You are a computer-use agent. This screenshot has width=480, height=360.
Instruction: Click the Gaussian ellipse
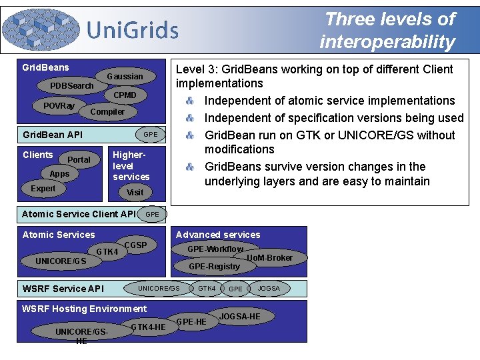tap(125, 77)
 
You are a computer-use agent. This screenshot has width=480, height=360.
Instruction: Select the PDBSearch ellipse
tap(72, 86)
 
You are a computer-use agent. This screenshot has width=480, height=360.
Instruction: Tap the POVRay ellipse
tap(59, 106)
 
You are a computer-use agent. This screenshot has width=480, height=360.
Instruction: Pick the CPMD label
tap(125, 95)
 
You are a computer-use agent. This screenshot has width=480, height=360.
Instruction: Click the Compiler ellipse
tap(107, 111)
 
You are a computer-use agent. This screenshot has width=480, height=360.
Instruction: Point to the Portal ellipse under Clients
tap(79, 159)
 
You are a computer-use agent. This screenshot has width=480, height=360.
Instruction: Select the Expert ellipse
tap(43, 189)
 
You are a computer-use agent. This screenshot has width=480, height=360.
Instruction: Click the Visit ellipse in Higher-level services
tap(135, 192)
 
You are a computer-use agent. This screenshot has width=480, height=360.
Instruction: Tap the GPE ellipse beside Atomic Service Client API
tap(152, 214)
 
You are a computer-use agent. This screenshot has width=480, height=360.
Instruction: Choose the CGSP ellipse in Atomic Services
tap(135, 245)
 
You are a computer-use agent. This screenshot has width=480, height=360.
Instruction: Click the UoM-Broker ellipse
tap(269, 257)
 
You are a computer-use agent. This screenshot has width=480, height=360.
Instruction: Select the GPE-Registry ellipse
tap(214, 266)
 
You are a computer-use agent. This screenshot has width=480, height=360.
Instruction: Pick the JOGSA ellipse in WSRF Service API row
tap(269, 288)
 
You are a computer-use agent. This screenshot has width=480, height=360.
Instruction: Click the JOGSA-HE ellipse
tap(240, 316)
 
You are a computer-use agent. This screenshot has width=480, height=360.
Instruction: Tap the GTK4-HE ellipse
tap(148, 327)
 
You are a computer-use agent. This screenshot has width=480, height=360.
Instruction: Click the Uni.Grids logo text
tap(133, 30)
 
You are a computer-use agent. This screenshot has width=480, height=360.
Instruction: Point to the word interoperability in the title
tap(387, 42)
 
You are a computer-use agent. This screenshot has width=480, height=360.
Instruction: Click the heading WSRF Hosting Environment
tap(85, 309)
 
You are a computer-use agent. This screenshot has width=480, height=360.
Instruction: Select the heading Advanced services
tap(218, 235)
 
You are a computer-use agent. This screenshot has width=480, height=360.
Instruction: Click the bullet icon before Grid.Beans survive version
tap(190, 167)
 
